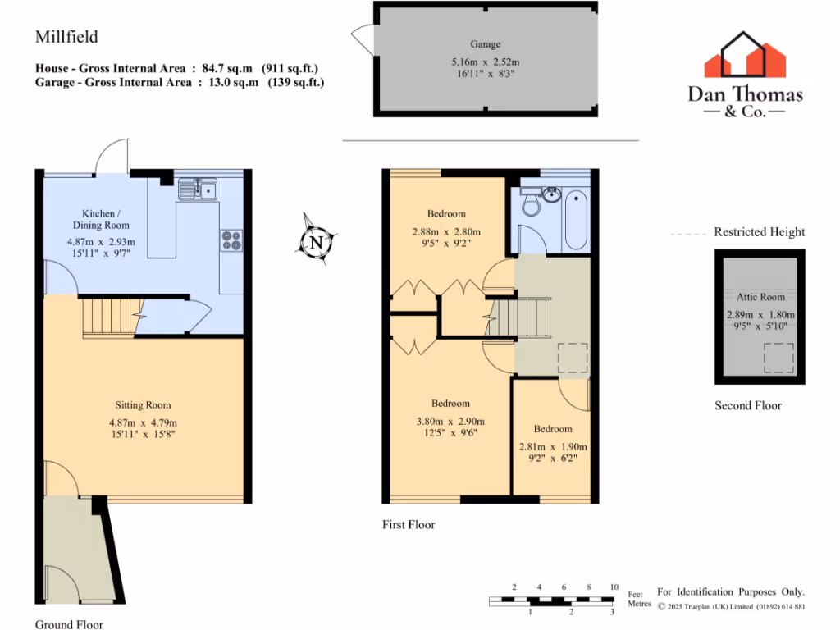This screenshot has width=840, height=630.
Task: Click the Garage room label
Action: [485, 44]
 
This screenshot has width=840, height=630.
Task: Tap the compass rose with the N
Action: [316, 240]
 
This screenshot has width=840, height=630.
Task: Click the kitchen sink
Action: [198, 190]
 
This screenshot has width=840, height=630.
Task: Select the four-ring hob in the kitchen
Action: [231, 240]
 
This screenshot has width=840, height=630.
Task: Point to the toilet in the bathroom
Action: [532, 203]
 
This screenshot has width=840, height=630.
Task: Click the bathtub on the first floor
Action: [576, 218]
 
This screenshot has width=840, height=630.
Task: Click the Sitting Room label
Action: [143, 405]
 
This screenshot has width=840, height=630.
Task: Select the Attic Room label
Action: [760, 297]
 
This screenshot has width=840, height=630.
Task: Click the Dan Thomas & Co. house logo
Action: [746, 57]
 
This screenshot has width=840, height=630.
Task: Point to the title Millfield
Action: [66, 37]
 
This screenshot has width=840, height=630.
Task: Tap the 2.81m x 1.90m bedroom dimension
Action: [553, 447]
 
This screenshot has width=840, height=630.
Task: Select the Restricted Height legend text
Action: [759, 232]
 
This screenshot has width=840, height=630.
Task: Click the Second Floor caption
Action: [747, 405]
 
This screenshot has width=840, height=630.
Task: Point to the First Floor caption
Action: [409, 525]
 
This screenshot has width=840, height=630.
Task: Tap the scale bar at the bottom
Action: [552, 601]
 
